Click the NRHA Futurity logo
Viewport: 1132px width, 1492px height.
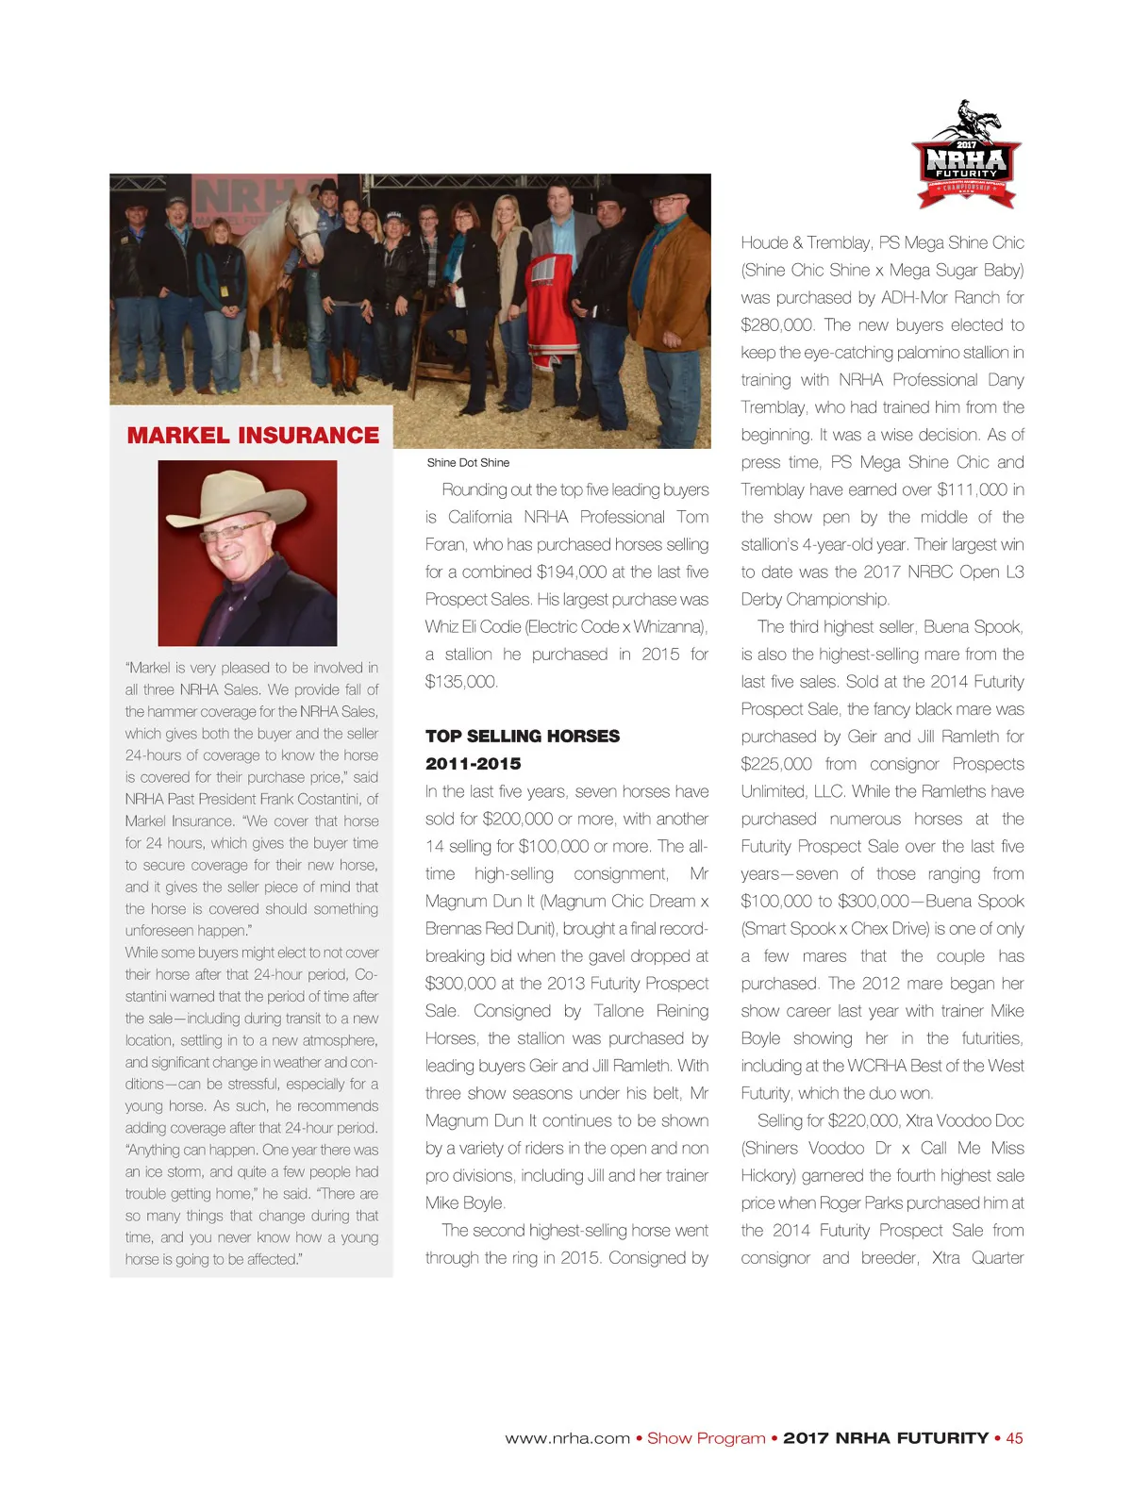[x=967, y=156]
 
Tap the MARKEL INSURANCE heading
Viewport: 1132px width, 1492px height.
[x=253, y=436]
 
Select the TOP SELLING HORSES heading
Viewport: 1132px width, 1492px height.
[x=523, y=737]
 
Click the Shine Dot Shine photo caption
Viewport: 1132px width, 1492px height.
[x=468, y=463]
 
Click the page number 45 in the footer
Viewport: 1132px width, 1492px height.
[x=1014, y=1438]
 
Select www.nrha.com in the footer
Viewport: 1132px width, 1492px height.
[x=567, y=1438]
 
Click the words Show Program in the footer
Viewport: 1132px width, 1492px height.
[x=706, y=1438]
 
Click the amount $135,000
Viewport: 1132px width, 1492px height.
[x=461, y=682]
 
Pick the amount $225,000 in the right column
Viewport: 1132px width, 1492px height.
[x=776, y=764]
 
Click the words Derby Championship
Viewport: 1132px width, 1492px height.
[x=814, y=600]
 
